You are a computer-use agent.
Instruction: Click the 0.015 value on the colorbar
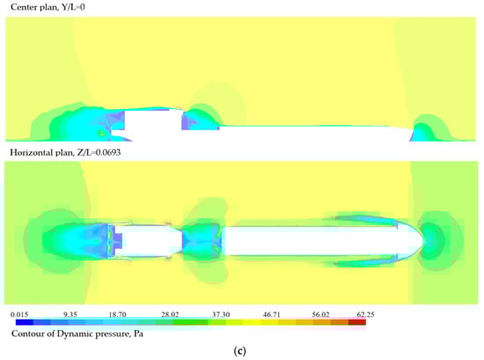[x=19, y=314]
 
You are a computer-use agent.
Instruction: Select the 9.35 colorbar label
[x=70, y=314]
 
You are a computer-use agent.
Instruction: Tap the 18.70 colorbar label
[x=117, y=314]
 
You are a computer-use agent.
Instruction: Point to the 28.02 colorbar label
[x=170, y=314]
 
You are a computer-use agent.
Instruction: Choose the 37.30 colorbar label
[x=221, y=314]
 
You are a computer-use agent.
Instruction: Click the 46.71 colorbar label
[x=272, y=314]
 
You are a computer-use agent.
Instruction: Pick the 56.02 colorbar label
[x=320, y=314]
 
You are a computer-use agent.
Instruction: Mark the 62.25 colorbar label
[x=365, y=314]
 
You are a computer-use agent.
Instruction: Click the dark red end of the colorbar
[x=357, y=322]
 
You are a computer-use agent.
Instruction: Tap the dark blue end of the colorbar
[x=25, y=322]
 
